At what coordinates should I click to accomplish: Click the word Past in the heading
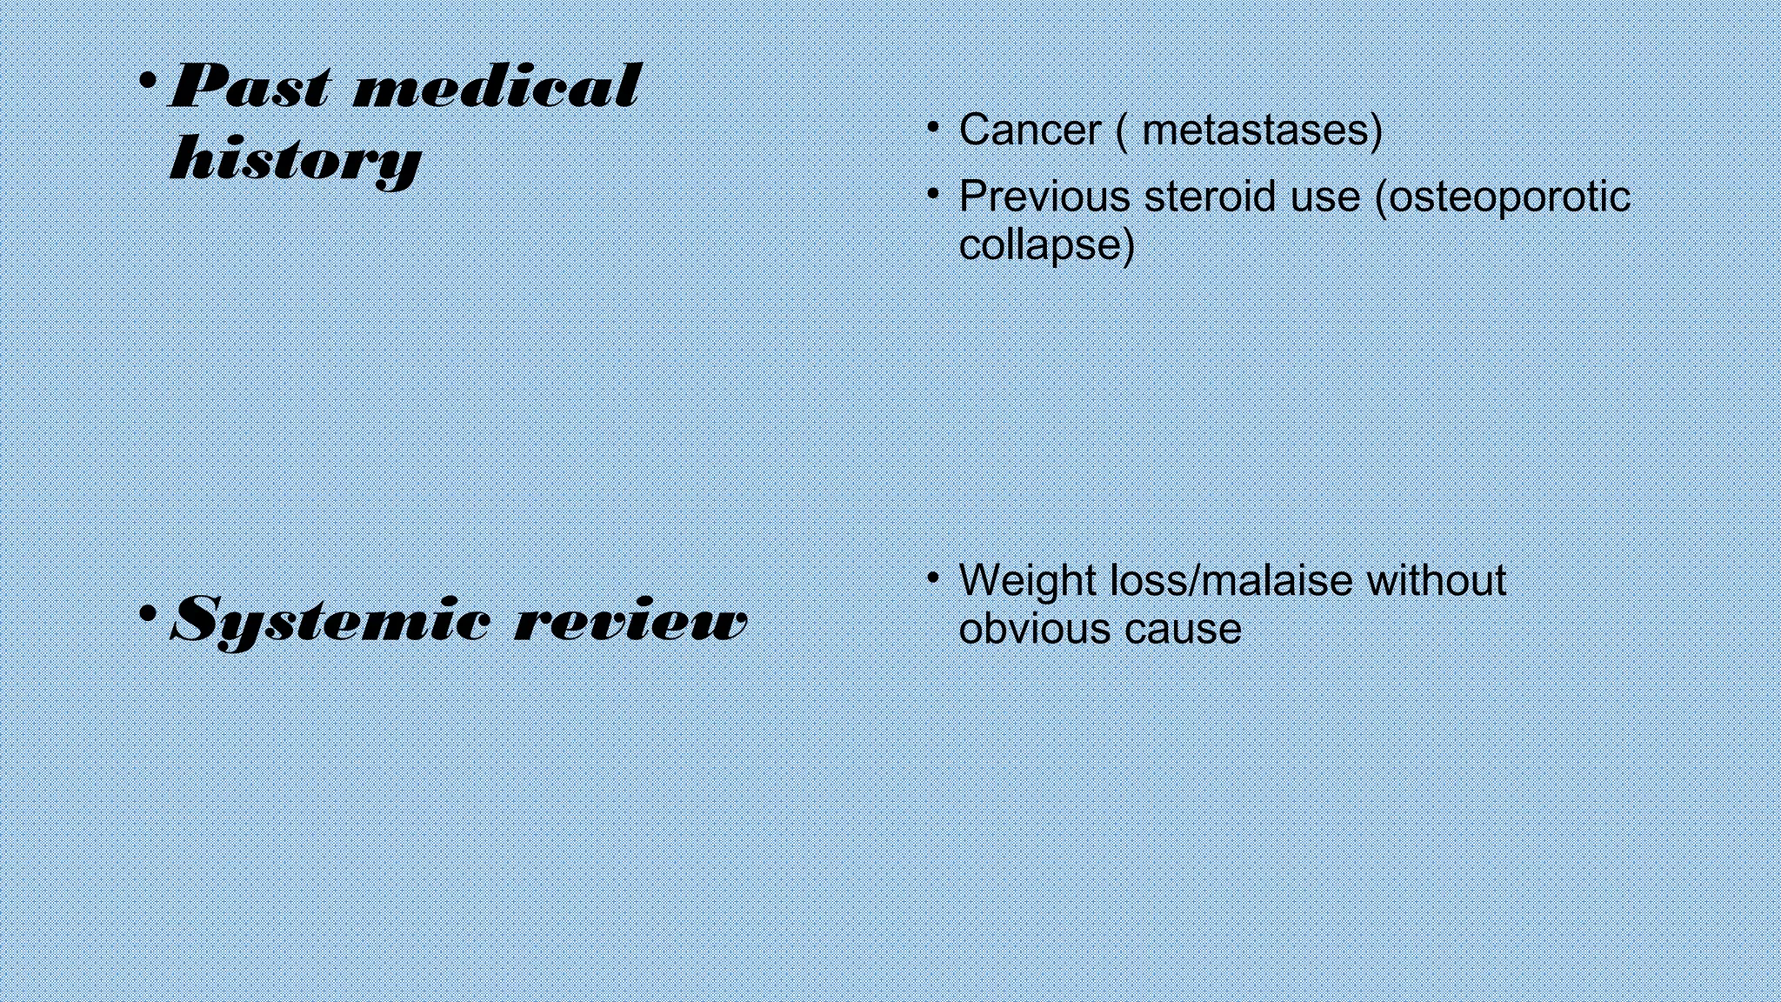click(250, 87)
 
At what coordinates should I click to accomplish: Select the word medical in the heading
click(497, 87)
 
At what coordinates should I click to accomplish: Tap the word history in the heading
click(296, 160)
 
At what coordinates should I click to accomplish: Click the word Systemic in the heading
click(330, 621)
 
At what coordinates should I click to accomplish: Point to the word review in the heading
click(631, 621)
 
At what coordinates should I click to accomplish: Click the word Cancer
click(1030, 130)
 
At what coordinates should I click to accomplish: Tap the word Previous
click(1044, 197)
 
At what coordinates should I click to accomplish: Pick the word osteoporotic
click(1510, 197)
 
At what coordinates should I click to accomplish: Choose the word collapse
click(1043, 244)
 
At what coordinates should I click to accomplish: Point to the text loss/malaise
click(1231, 580)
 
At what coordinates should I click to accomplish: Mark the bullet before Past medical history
click(148, 82)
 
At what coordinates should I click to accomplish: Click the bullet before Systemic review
click(148, 614)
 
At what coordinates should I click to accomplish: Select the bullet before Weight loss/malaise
click(933, 576)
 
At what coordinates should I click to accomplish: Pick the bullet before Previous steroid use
click(933, 192)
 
